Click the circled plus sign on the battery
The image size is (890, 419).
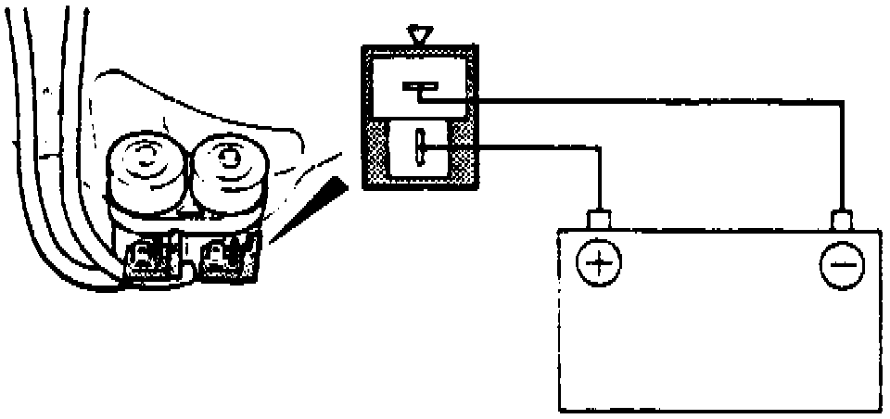point(601,263)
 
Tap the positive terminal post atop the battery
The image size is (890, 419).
point(601,221)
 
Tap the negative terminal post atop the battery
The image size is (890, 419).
point(842,221)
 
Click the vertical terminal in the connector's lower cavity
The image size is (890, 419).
point(419,148)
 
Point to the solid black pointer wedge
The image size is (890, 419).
point(321,200)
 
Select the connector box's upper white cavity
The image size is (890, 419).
point(419,87)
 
